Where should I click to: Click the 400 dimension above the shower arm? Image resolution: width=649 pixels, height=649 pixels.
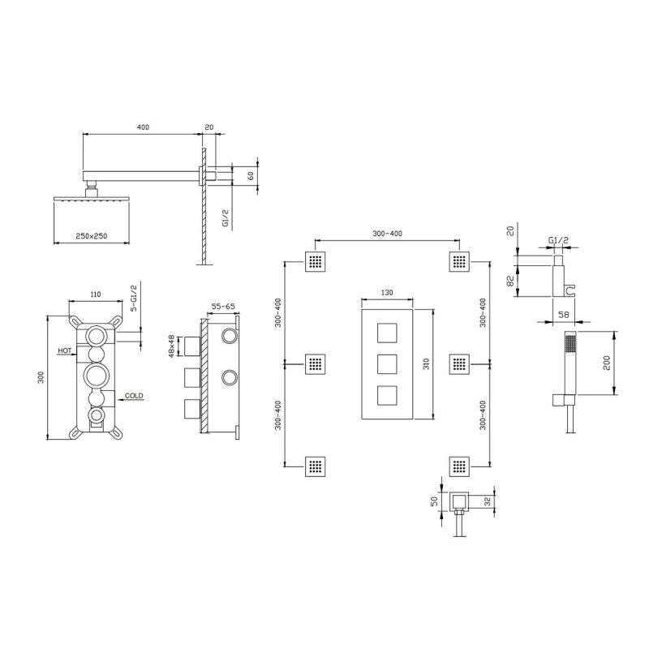pyautogui.click(x=143, y=127)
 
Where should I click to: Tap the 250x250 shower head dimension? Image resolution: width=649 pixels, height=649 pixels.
pyautogui.click(x=92, y=236)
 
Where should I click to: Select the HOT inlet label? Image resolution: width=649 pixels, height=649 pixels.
pyautogui.click(x=65, y=350)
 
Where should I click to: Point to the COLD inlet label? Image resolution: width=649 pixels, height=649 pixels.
pyautogui.click(x=134, y=396)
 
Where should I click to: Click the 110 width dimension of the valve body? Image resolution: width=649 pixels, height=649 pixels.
pyautogui.click(x=95, y=294)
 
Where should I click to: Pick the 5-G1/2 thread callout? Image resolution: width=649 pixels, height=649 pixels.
pyautogui.click(x=133, y=298)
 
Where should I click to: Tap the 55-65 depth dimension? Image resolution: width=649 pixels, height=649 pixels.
pyautogui.click(x=223, y=307)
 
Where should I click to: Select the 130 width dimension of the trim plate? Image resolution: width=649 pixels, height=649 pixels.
pyautogui.click(x=387, y=293)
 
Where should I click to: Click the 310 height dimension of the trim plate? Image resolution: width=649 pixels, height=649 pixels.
pyautogui.click(x=427, y=363)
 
